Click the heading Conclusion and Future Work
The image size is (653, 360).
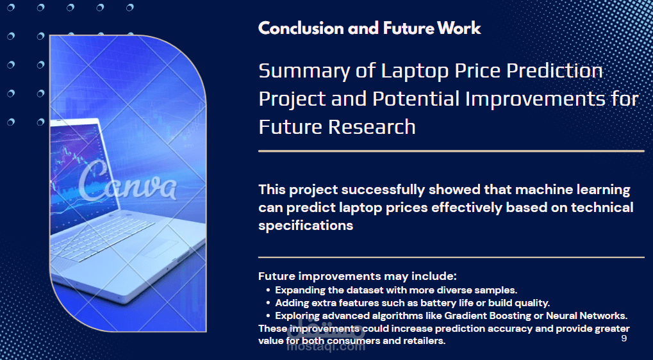pos(369,28)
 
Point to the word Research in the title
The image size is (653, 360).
pos(372,127)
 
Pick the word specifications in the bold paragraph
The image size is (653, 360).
pos(306,225)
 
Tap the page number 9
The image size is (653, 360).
pos(624,338)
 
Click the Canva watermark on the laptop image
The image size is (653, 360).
pos(127,182)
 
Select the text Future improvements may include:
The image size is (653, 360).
pos(358,276)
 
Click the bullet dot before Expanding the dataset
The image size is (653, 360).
pos(267,290)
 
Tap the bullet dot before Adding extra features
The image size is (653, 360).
pos(267,302)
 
